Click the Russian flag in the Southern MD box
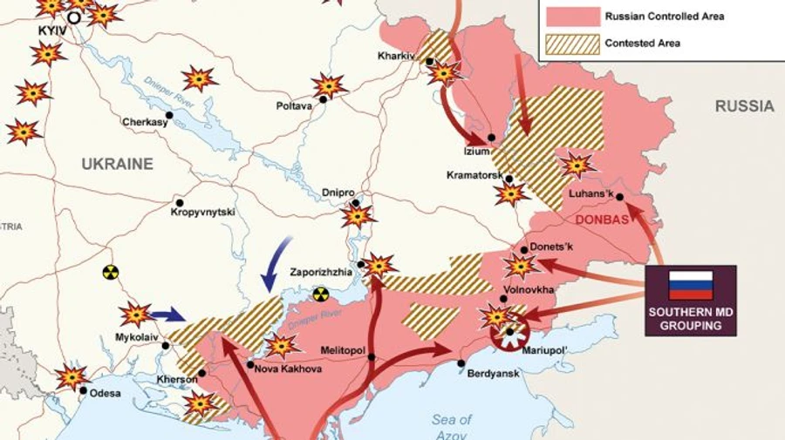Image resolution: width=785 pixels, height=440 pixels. (x=690, y=285)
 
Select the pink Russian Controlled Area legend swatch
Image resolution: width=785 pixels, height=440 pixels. (x=572, y=16)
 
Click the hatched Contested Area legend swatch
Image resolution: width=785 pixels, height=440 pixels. (x=572, y=43)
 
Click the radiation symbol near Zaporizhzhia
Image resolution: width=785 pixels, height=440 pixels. (x=321, y=294)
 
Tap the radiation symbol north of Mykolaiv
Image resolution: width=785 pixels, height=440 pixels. (x=110, y=273)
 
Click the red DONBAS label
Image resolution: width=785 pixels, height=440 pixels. (x=603, y=220)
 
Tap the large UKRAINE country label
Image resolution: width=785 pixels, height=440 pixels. (x=117, y=164)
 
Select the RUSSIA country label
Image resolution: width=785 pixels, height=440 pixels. (x=744, y=106)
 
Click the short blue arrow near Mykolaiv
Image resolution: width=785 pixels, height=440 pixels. (x=167, y=314)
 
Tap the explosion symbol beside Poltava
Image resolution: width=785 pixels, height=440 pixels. (x=329, y=85)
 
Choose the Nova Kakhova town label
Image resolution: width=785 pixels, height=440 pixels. (x=288, y=369)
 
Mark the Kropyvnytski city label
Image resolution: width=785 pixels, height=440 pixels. (x=203, y=212)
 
